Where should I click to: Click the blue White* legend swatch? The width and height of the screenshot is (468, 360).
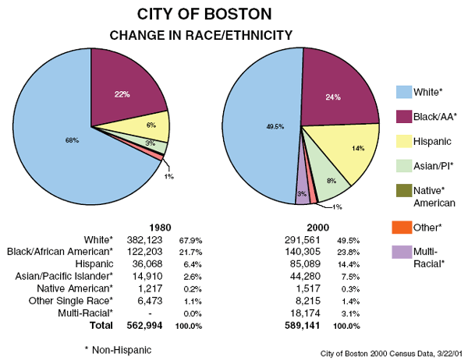[403, 93]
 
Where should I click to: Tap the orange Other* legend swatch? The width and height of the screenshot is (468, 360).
[403, 228]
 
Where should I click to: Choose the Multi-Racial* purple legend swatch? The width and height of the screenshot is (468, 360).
[403, 252]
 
